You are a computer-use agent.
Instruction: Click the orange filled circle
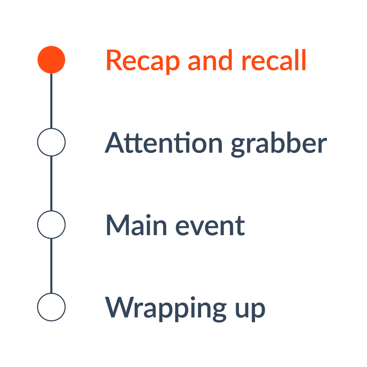click(51, 60)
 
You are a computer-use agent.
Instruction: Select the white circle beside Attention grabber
click(51, 142)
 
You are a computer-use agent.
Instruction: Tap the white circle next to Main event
click(51, 225)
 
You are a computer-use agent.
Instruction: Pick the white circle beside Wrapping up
click(51, 307)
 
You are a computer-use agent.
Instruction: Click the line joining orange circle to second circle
click(51, 101)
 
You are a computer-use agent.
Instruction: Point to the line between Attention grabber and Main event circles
click(51, 183)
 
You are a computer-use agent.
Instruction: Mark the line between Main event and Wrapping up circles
click(51, 266)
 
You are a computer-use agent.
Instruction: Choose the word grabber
click(279, 144)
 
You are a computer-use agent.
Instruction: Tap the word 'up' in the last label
click(250, 309)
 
